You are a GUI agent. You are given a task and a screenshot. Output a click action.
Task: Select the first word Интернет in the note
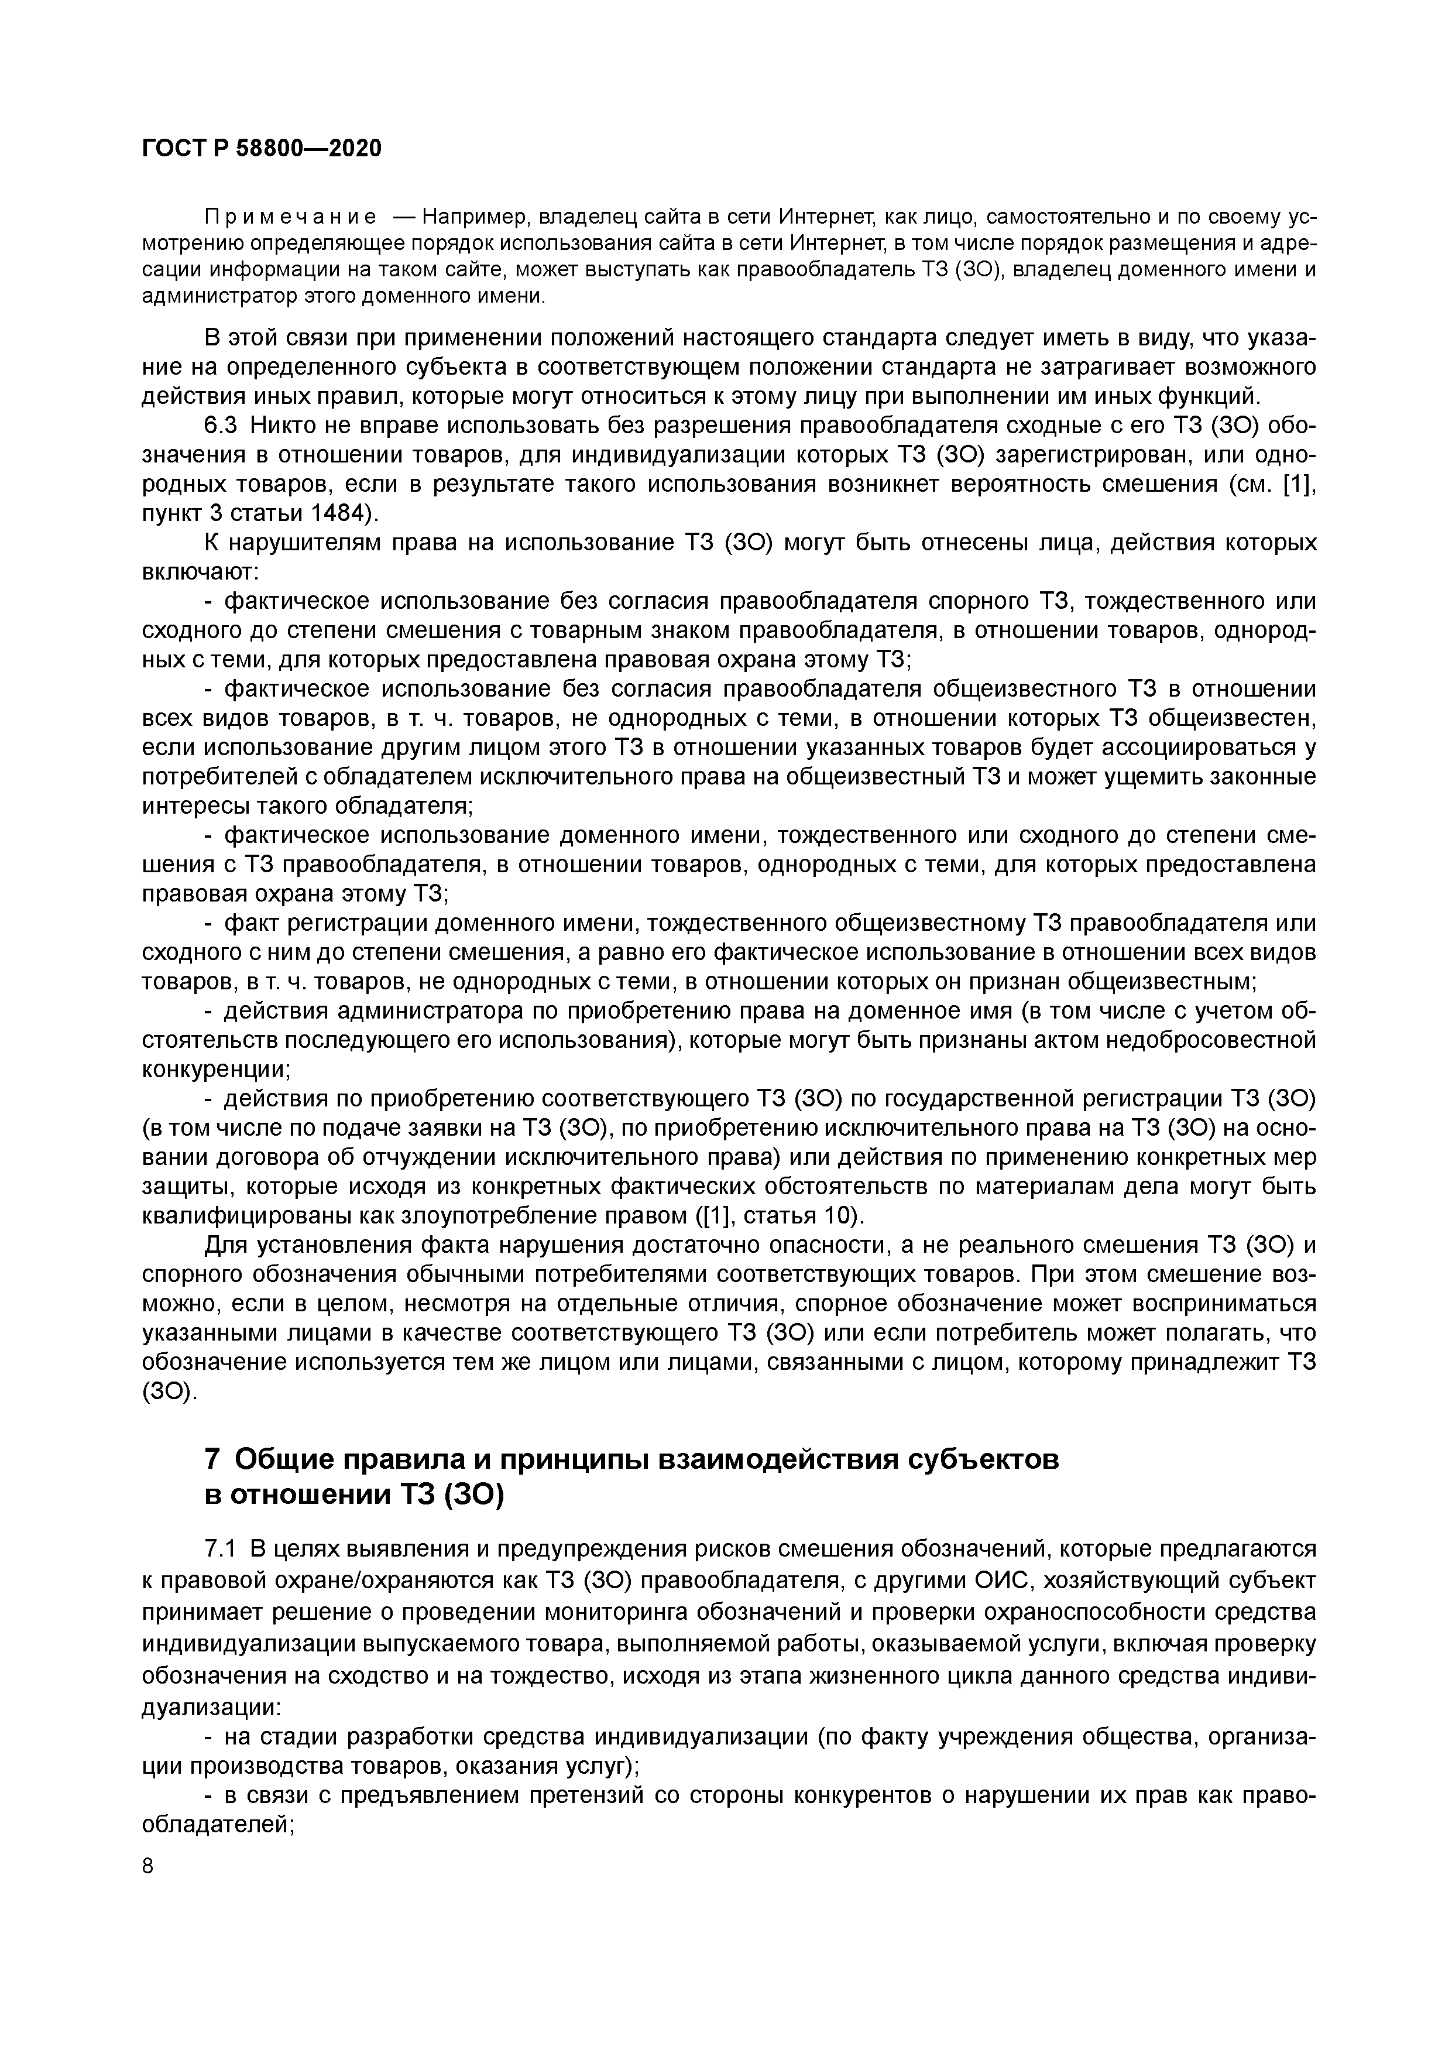tap(825, 217)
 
